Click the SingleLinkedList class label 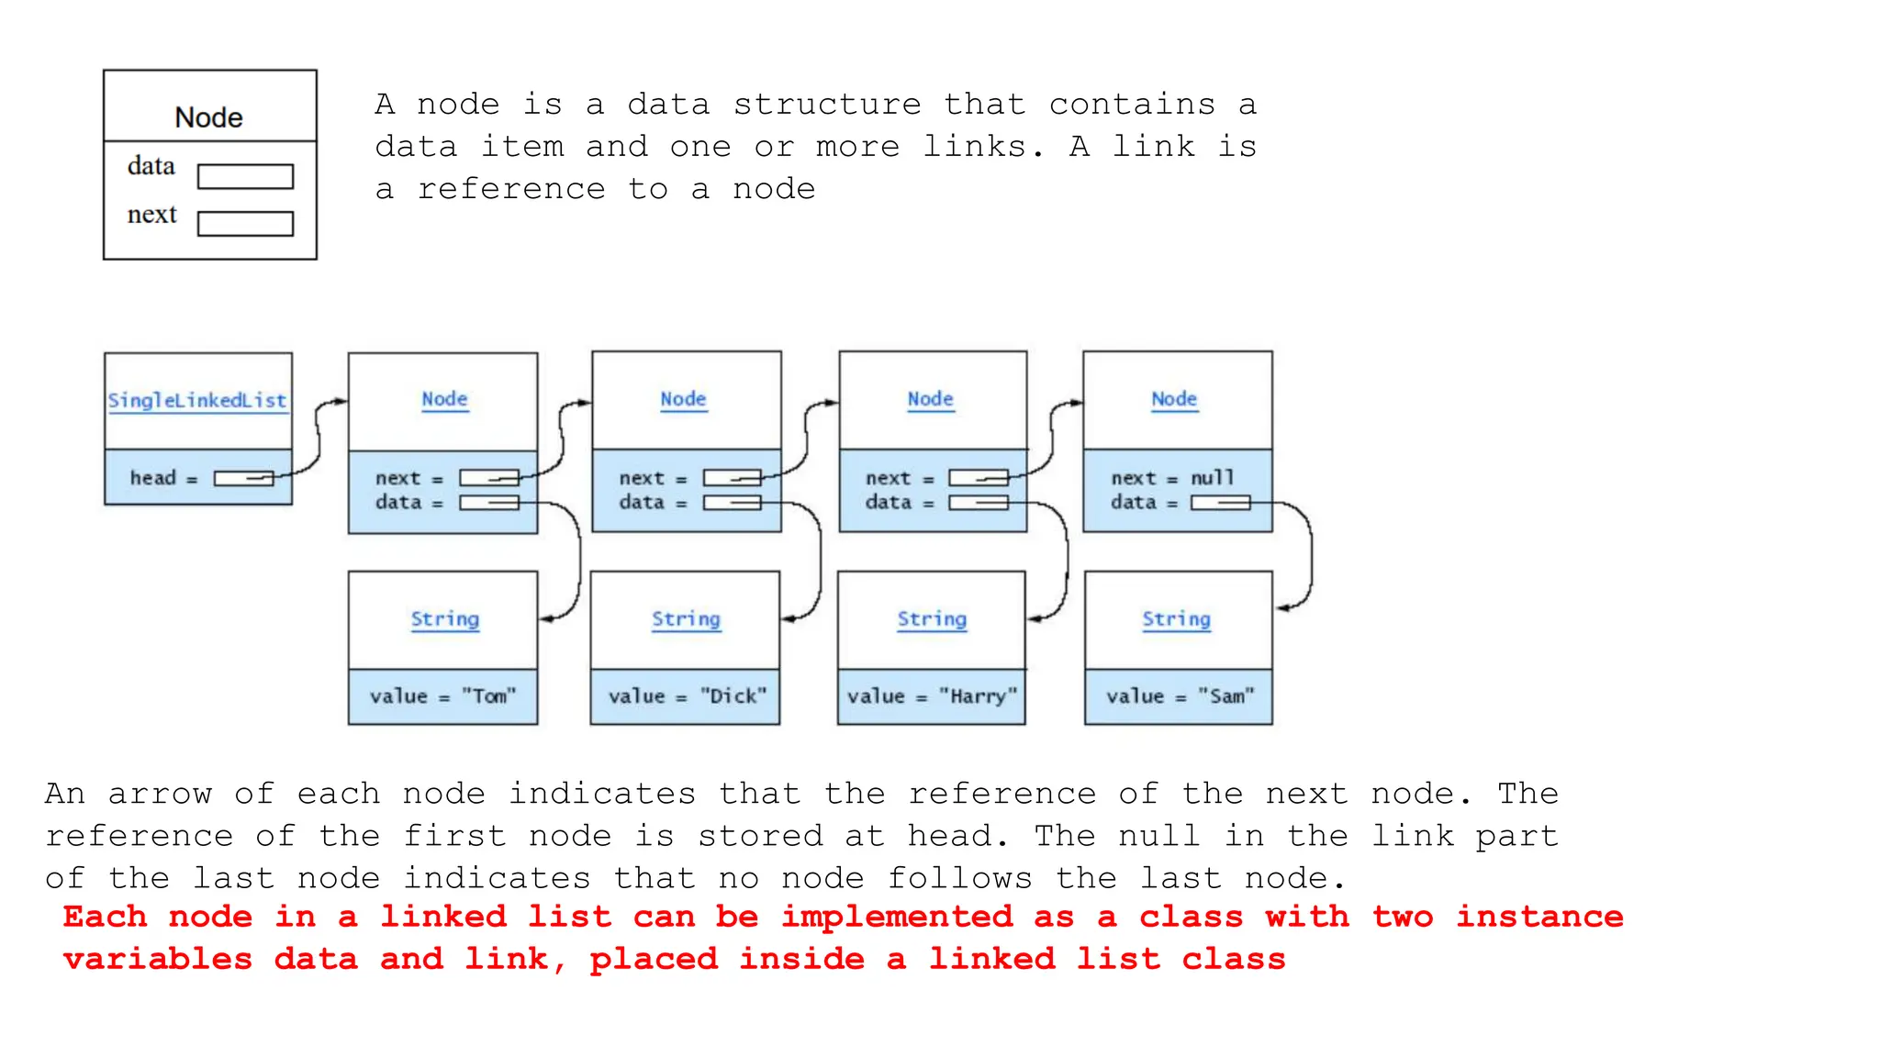197,400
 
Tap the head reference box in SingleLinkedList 243,478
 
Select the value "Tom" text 442,696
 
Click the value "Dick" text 687,696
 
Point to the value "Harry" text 932,696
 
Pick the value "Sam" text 1180,696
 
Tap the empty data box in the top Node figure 245,176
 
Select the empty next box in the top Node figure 245,224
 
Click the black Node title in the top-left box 209,117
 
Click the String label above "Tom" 444,619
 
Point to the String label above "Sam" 1176,619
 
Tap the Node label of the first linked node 444,399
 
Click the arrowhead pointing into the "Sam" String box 1282,608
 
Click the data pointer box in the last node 1220,503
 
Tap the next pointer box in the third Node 978,478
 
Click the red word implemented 897,917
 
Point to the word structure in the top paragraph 826,105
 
